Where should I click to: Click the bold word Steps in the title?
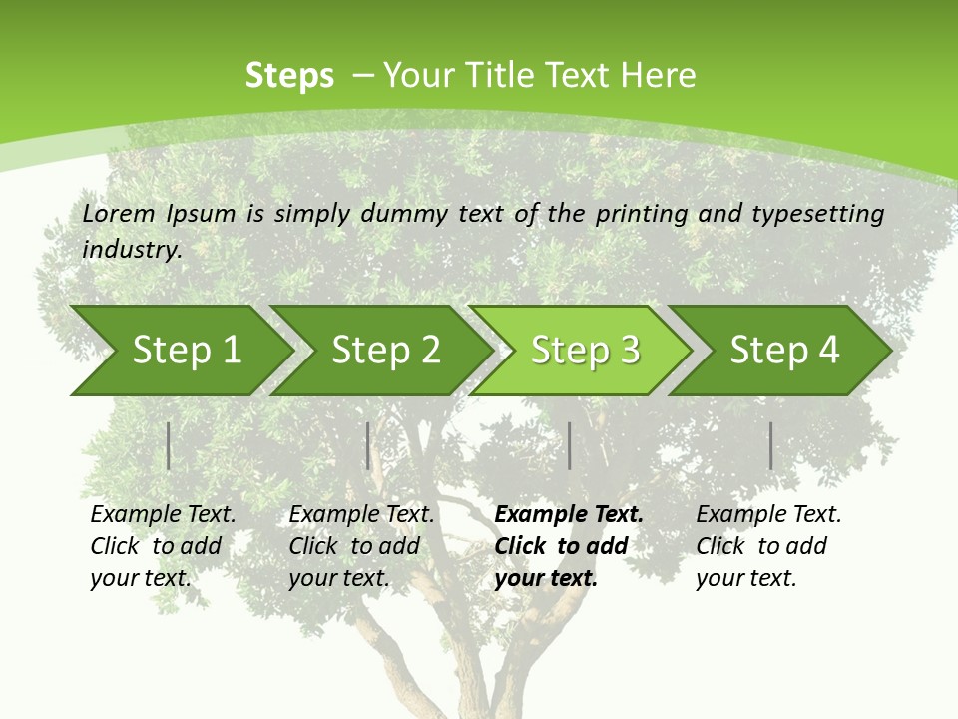[289, 76]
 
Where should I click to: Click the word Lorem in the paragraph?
[119, 213]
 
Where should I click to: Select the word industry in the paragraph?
[132, 249]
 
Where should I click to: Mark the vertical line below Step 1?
[168, 445]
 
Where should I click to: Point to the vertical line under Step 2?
[367, 445]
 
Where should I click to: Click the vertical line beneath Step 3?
[569, 445]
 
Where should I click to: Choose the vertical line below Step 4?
[770, 445]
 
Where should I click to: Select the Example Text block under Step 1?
[163, 546]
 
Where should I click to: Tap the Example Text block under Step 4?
[768, 546]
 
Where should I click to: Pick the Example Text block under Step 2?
[361, 546]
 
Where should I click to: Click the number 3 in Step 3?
[630, 351]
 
